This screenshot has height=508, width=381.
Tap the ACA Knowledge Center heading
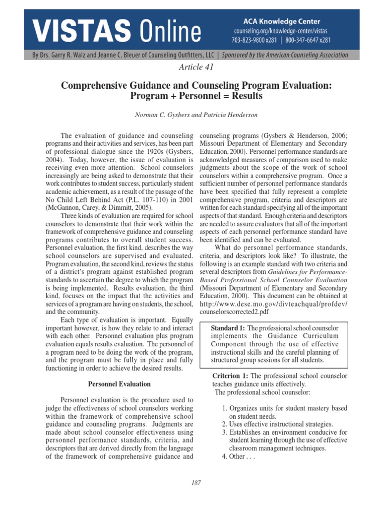pos(281,21)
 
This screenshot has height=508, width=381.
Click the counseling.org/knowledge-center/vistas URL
pos(281,31)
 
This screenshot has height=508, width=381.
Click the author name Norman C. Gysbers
pos(162,115)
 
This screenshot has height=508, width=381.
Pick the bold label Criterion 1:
pos(231,376)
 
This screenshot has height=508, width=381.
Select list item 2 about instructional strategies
pos(277,424)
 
